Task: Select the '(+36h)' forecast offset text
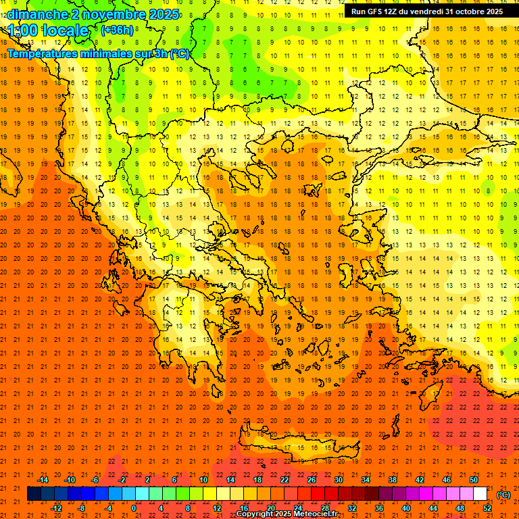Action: (117, 30)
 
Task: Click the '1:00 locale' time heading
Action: (49, 31)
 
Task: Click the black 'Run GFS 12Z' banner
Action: (426, 11)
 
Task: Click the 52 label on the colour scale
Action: (487, 508)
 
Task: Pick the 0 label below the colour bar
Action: (134, 508)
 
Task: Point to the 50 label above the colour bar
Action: (474, 480)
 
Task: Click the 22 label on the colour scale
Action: (285, 480)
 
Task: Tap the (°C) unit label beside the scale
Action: (503, 495)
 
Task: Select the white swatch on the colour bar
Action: (480, 494)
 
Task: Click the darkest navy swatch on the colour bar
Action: (34, 494)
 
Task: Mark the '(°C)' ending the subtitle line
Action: (179, 54)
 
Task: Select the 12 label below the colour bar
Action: (216, 508)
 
